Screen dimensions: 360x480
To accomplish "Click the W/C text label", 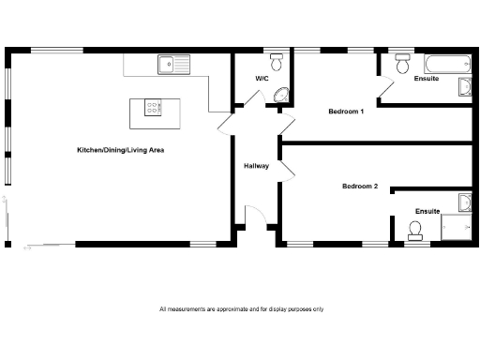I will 262,79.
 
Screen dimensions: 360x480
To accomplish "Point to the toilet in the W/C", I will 276,62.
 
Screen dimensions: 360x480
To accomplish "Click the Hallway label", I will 256,166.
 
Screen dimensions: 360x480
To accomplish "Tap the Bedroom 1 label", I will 345,112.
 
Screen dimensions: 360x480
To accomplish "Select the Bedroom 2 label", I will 359,186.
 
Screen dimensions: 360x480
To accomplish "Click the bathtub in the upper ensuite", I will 446,64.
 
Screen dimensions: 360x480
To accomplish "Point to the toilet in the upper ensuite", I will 402,64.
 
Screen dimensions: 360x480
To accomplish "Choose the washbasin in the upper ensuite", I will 464,87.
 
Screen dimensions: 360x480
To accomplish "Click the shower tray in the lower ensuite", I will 457,228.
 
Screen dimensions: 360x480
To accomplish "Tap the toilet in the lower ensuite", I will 417,229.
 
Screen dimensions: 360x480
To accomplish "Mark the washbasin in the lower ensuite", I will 464,202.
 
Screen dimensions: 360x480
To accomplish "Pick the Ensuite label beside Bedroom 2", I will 427,211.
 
